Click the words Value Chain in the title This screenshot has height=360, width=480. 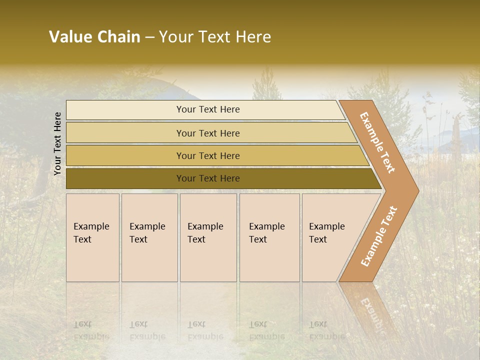94,37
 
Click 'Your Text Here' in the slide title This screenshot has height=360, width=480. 215,37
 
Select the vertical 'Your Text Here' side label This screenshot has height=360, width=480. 57,143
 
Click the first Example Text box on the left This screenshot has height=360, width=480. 92,250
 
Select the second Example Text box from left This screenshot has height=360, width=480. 149,250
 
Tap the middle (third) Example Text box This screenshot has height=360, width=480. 208,250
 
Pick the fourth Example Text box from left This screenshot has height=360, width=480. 269,250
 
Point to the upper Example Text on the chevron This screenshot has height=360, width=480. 377,142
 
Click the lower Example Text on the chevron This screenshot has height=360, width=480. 378,236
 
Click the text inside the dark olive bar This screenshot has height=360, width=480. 208,178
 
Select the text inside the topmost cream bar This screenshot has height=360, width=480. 208,109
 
